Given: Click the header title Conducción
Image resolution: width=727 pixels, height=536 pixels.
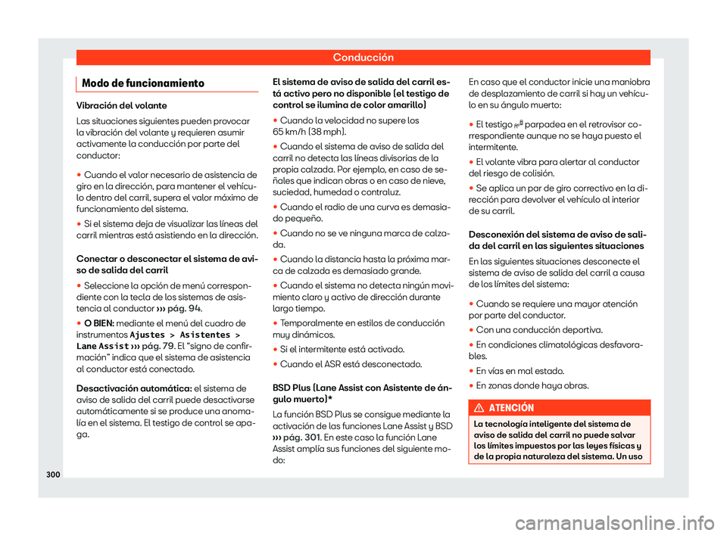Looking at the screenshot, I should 363,57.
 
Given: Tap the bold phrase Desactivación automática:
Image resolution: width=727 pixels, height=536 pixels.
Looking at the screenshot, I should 126,388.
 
